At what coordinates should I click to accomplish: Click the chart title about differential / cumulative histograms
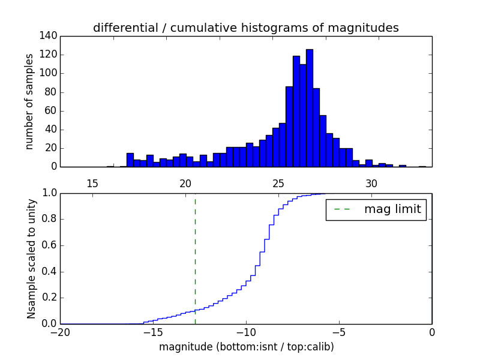(245, 28)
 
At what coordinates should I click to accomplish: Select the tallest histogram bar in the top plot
(310, 108)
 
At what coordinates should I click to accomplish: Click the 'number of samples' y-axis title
(29, 101)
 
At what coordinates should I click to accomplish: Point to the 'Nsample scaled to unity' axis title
(31, 259)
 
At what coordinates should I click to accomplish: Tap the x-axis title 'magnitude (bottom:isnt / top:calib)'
(246, 347)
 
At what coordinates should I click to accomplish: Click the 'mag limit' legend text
(392, 209)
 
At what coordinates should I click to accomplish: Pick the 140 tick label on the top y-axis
(49, 36)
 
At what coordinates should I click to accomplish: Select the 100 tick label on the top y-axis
(49, 73)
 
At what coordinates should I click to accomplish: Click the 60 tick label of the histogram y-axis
(51, 110)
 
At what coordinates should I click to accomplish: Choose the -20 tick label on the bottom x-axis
(60, 333)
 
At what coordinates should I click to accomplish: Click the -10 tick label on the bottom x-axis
(245, 333)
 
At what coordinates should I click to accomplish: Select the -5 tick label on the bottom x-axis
(338, 333)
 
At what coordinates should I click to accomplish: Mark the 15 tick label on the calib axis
(92, 183)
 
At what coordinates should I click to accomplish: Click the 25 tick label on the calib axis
(279, 183)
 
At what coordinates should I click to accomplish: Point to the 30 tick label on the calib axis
(372, 183)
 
